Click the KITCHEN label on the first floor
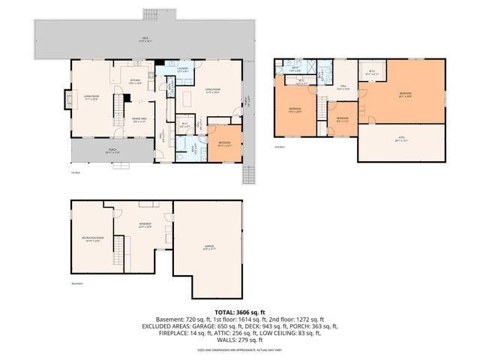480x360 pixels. click(136, 80)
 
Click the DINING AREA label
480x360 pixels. click(138, 118)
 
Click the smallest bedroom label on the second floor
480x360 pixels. click(342, 118)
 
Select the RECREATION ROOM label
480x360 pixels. click(91, 239)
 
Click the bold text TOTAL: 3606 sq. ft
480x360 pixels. click(240, 310)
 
